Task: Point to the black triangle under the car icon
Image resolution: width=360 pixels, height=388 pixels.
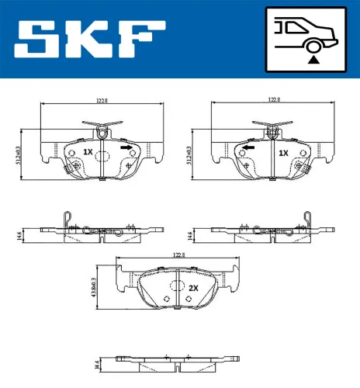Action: point(313,57)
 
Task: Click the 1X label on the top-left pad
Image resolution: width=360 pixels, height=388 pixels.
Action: point(88,152)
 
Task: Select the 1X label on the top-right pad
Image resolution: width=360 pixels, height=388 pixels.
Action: point(283,152)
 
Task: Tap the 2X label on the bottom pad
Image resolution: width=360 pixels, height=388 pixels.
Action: point(193,287)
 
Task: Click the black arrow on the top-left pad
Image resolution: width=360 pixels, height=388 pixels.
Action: point(126,146)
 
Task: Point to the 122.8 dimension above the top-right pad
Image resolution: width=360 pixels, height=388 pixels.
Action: point(273,100)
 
